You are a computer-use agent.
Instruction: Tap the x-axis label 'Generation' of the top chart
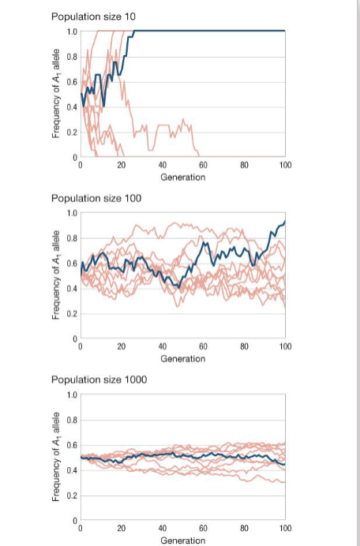pyautogui.click(x=182, y=178)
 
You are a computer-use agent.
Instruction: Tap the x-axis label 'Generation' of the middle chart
pyautogui.click(x=182, y=358)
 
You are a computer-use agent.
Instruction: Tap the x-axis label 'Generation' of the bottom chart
pyautogui.click(x=182, y=540)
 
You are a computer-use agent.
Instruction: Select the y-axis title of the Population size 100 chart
pyautogui.click(x=56, y=276)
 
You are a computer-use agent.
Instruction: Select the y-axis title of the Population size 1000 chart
pyautogui.click(x=56, y=457)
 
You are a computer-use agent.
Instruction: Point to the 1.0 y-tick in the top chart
pyautogui.click(x=72, y=32)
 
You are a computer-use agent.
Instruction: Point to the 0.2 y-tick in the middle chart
pyautogui.click(x=72, y=314)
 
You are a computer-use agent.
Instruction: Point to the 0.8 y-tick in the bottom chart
pyautogui.click(x=72, y=420)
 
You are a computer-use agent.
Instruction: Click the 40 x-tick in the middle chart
pyautogui.click(x=162, y=347)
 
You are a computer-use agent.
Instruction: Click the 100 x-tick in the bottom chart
pyautogui.click(x=285, y=528)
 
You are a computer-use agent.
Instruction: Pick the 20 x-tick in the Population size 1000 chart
pyautogui.click(x=121, y=528)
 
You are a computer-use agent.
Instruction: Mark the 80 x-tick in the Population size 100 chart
pyautogui.click(x=244, y=347)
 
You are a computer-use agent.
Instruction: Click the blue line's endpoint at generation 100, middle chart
pyautogui.click(x=285, y=223)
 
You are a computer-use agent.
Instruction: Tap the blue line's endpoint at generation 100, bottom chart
pyautogui.click(x=285, y=464)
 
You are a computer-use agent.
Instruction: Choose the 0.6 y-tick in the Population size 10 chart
pyautogui.click(x=72, y=82)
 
